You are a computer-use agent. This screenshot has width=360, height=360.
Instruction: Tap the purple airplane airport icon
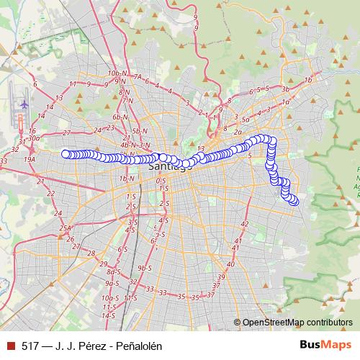pyautogui.click(x=24, y=102)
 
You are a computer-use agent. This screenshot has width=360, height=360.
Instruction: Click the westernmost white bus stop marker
pyautogui.click(x=66, y=153)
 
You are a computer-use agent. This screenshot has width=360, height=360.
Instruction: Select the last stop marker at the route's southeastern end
pyautogui.click(x=294, y=200)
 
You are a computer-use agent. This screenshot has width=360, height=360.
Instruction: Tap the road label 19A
pyautogui.click(x=30, y=159)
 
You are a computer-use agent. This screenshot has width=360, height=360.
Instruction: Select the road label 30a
pyautogui.click(x=33, y=137)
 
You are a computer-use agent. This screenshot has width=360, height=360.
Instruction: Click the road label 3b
pyautogui.click(x=286, y=89)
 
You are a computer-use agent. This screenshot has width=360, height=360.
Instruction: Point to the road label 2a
pyautogui.click(x=238, y=132)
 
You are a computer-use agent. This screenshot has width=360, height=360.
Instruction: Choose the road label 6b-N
pyautogui.click(x=120, y=117)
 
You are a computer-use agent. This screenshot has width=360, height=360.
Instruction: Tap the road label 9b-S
pyautogui.click(x=145, y=268)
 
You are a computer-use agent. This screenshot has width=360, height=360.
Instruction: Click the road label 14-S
pyautogui.click(x=109, y=315)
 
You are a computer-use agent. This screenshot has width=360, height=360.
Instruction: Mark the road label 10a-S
pyautogui.click(x=109, y=297)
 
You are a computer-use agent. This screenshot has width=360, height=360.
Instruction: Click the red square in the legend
pyautogui.click(x=10, y=345)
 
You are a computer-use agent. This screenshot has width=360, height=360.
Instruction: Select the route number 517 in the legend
pyautogui.click(x=30, y=345)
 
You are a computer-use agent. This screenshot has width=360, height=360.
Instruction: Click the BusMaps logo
pyautogui.click(x=325, y=345)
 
